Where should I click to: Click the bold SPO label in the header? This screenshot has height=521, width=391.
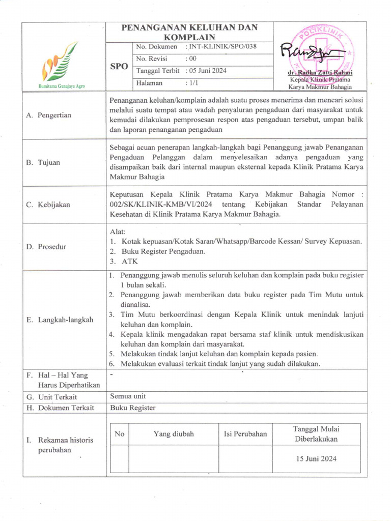[119, 67]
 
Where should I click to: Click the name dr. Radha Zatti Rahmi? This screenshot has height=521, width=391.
[320, 73]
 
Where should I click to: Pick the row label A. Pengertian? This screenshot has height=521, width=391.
[49, 115]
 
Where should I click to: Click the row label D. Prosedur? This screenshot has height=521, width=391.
[47, 247]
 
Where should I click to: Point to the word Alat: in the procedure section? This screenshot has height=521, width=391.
[118, 231]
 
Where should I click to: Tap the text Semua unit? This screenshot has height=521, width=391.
[128, 396]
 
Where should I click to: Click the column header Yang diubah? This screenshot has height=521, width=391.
[174, 434]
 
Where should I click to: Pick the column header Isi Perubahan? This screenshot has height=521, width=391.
[245, 434]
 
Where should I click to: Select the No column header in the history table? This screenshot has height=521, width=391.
[120, 434]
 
